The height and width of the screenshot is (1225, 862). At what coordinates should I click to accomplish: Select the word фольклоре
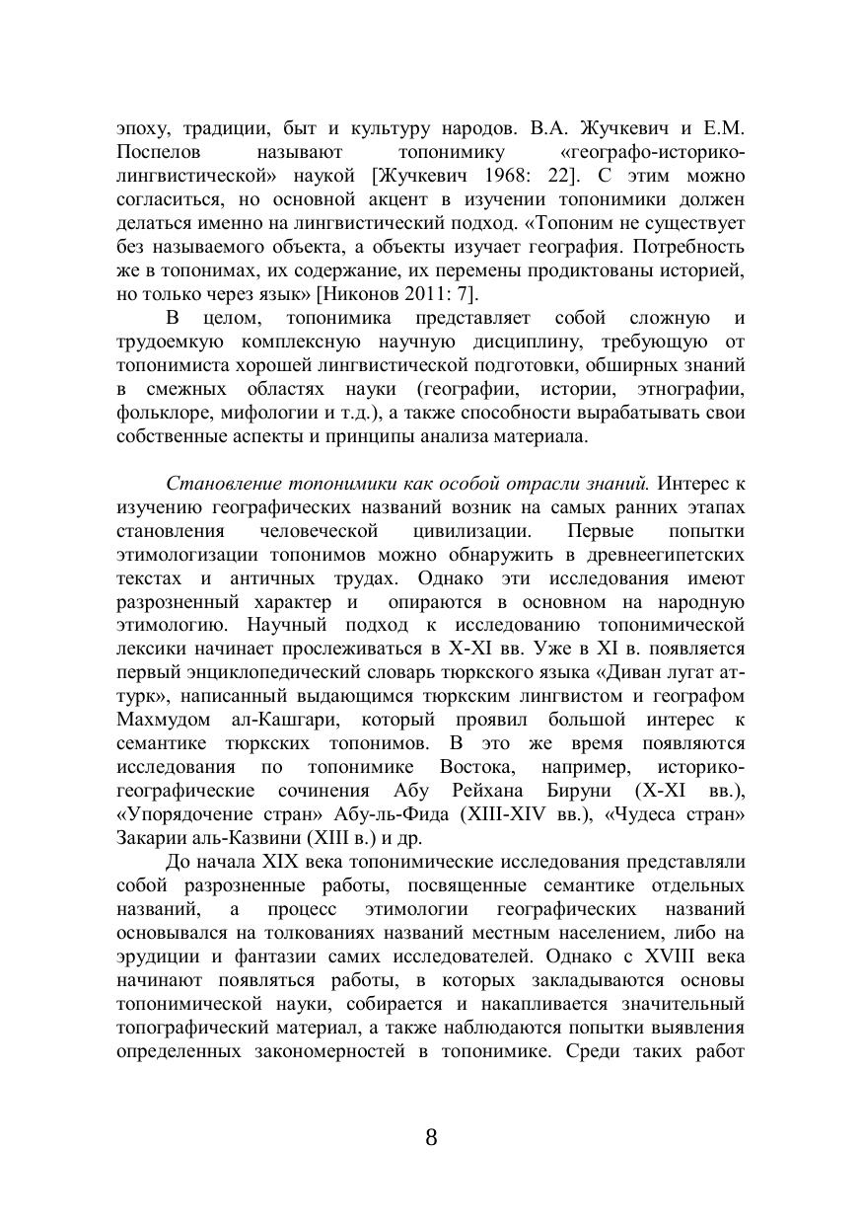pos(159,412)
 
